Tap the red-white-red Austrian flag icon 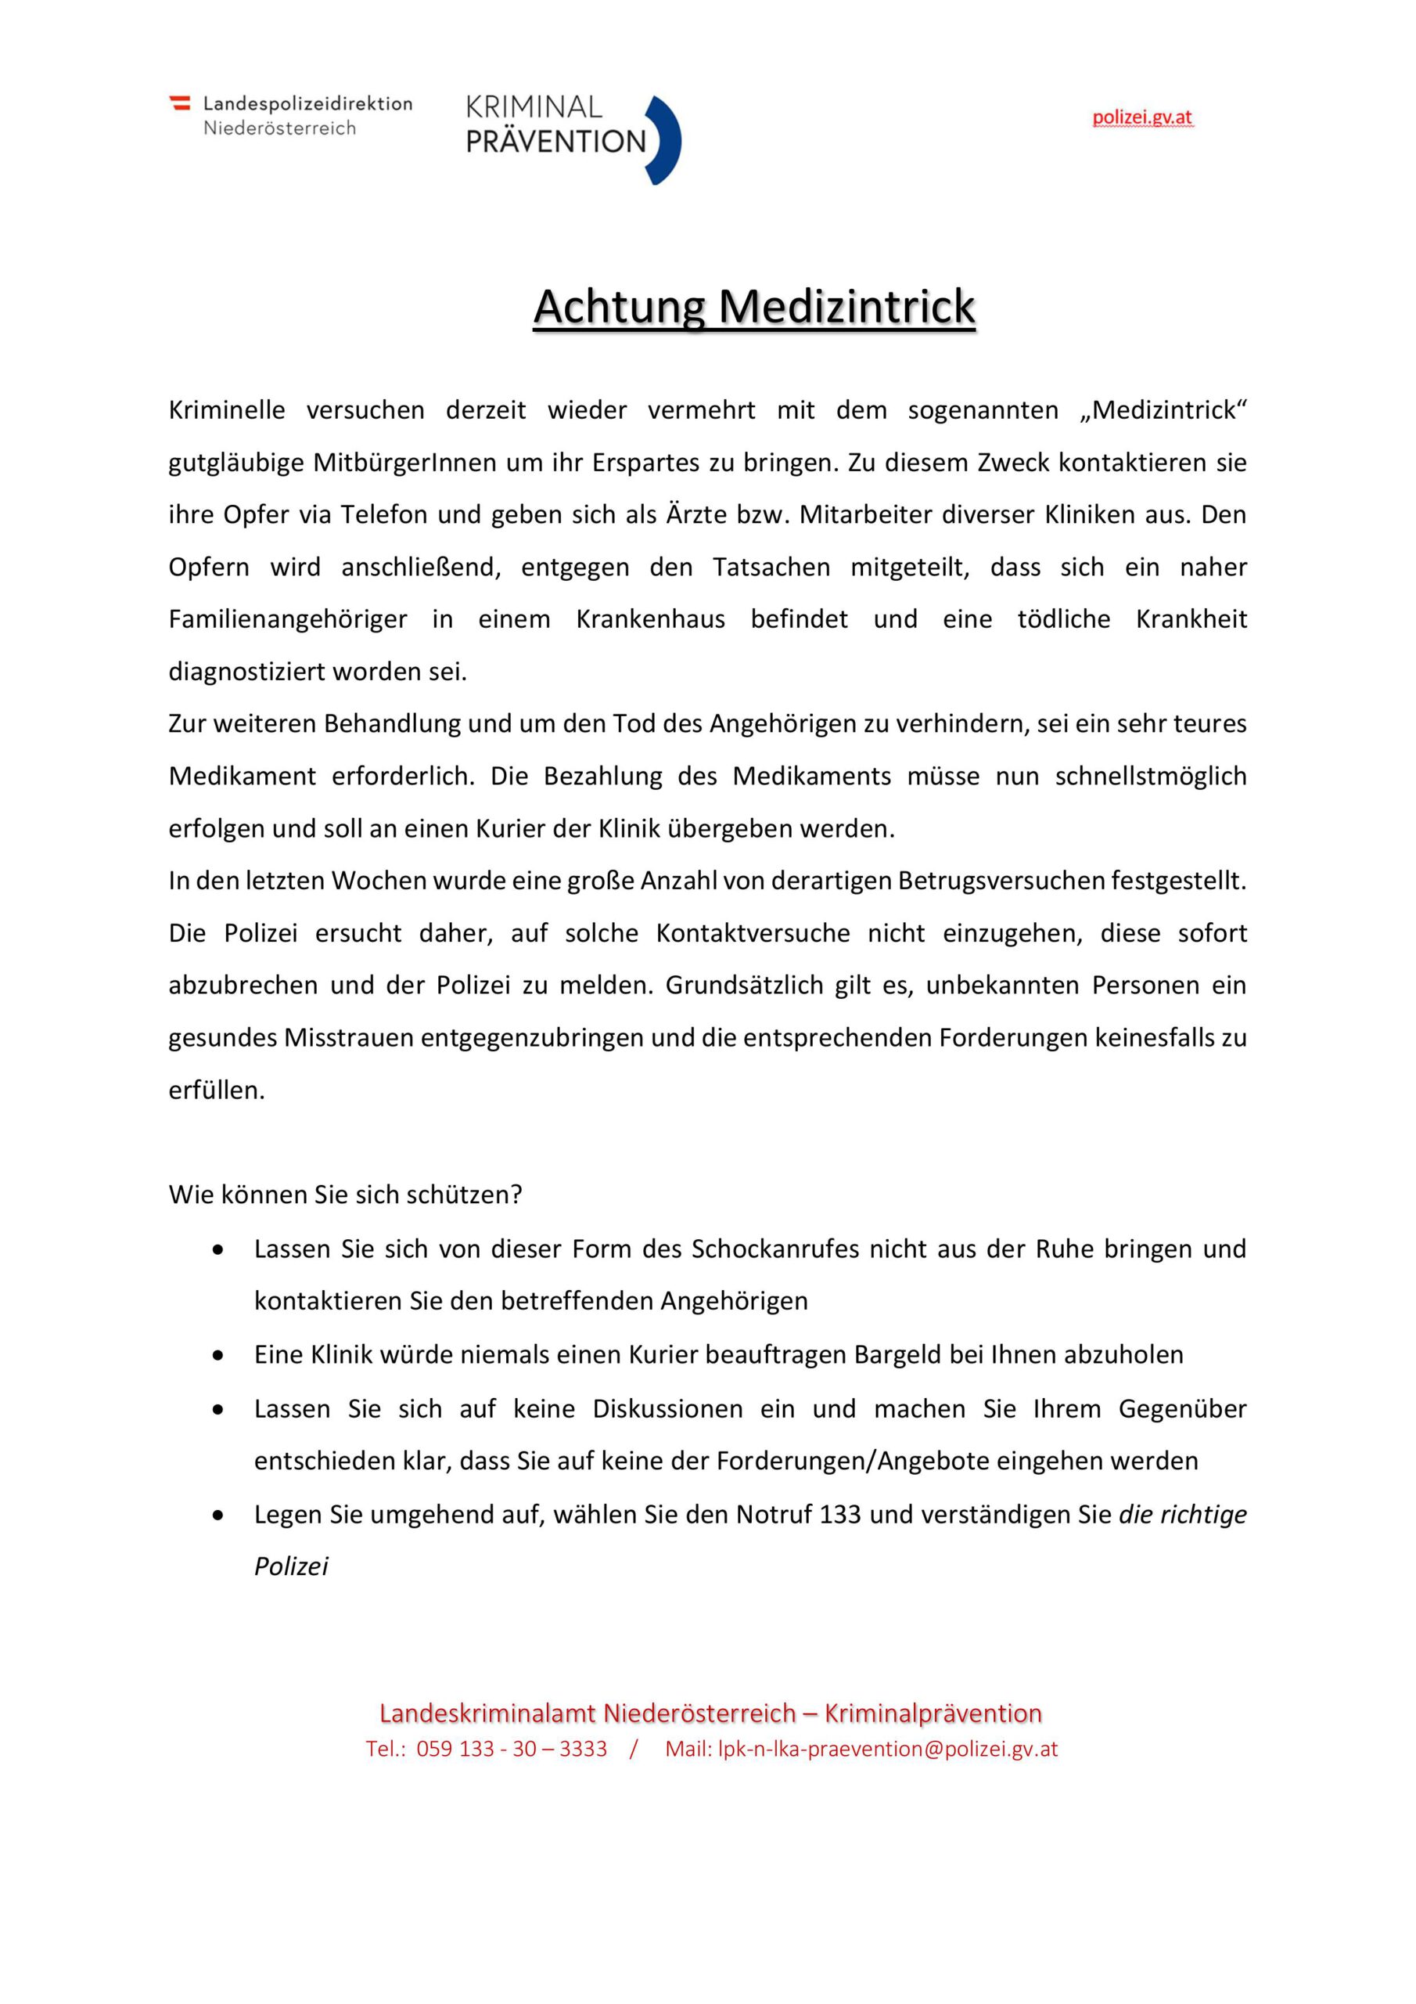180,103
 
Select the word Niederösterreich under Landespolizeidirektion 279,128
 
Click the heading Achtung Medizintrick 754,306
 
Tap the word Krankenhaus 650,620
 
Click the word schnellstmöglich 1151,776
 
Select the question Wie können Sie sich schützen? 346,1194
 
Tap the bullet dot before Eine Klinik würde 218,1356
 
